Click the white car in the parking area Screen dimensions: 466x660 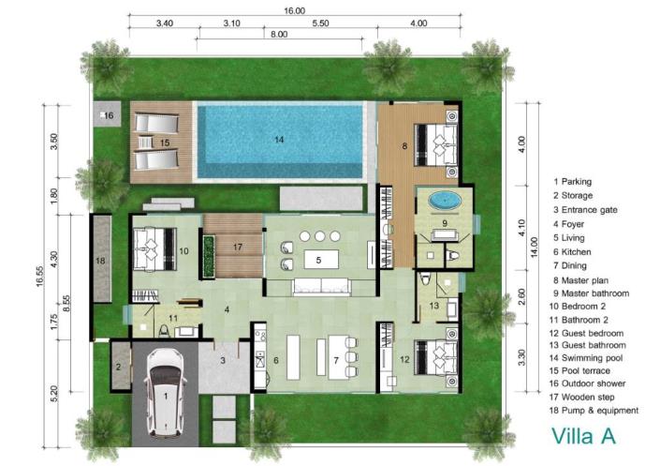[167, 393]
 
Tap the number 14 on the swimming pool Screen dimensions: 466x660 [278, 139]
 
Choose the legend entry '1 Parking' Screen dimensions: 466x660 [573, 181]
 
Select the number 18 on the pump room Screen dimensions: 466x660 [101, 259]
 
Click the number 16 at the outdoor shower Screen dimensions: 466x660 [108, 115]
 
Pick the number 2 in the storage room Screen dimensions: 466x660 [118, 367]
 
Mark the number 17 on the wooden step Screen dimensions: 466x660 [237, 248]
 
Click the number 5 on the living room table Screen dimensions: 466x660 [318, 260]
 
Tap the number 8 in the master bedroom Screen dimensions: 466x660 [404, 146]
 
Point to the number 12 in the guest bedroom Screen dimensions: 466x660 [404, 360]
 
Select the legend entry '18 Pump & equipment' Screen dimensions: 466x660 [595, 410]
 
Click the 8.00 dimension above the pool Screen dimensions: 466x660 [279, 34]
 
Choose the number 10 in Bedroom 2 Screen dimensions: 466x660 [183, 251]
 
